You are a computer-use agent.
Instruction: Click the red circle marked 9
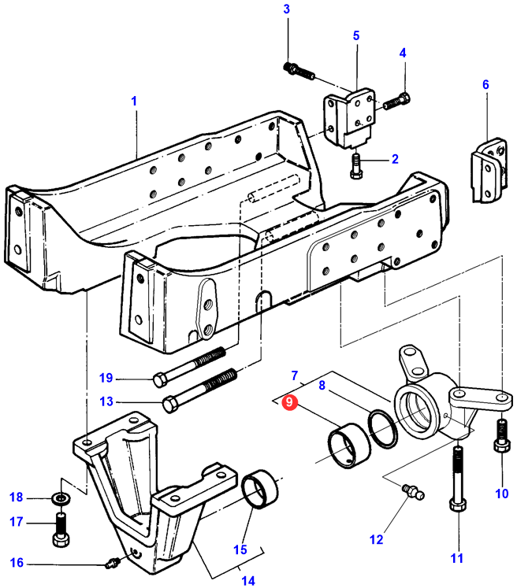(290, 402)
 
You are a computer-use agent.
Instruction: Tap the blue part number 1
(134, 101)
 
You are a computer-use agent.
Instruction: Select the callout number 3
(286, 9)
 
